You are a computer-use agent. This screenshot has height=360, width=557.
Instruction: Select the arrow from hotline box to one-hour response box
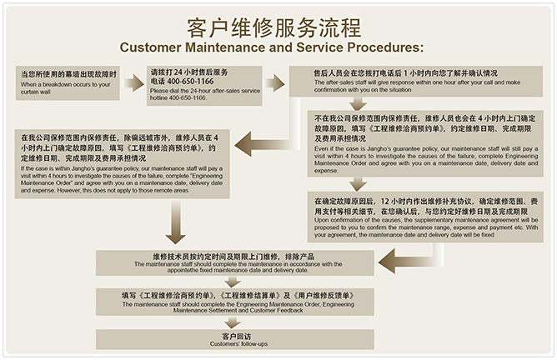point(274,82)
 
